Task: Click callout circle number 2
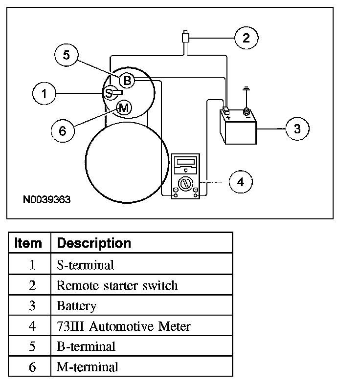point(246,38)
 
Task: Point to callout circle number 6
point(62,130)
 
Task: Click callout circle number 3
point(297,128)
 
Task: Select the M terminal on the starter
point(124,108)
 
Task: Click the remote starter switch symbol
point(185,37)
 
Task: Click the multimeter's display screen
point(186,162)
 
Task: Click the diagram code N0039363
point(46,200)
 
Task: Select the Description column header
point(93,243)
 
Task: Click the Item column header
point(28,243)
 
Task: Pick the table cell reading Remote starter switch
point(117,285)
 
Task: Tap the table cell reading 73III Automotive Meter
point(123,326)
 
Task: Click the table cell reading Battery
point(76,306)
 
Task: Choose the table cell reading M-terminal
point(88,366)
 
